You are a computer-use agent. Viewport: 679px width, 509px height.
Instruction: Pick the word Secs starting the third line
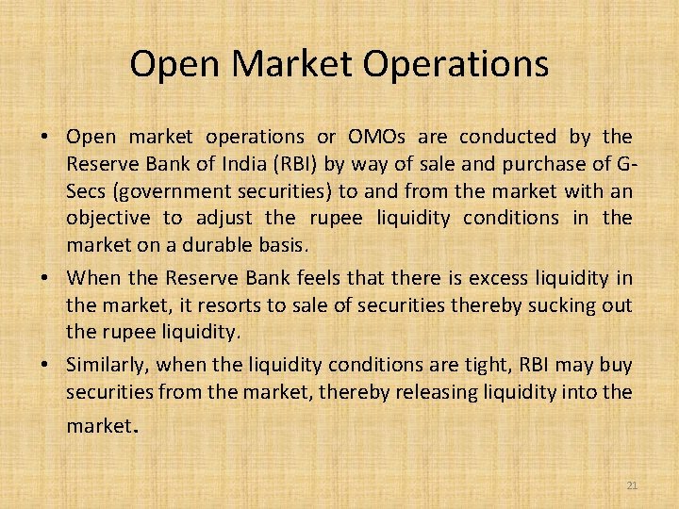click(87, 191)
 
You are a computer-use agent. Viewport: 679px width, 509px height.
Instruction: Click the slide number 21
click(632, 485)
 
